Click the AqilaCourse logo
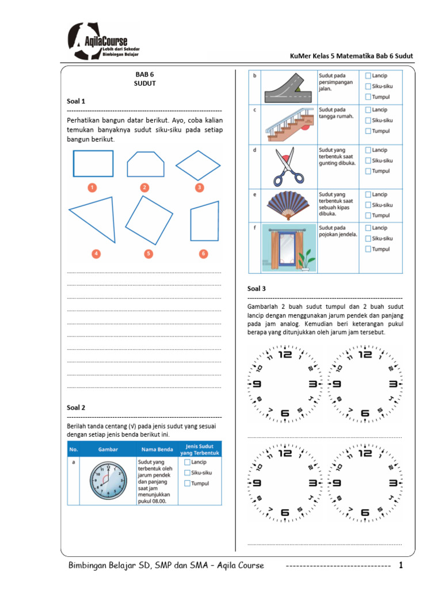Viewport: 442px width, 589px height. [x=104, y=41]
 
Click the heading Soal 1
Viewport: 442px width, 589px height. [x=76, y=101]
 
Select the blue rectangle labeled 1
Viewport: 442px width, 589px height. [x=93, y=163]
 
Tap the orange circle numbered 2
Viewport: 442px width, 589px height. [x=144, y=187]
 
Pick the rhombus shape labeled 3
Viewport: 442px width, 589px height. [x=198, y=166]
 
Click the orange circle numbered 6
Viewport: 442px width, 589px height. [x=204, y=253]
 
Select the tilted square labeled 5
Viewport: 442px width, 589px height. [x=148, y=220]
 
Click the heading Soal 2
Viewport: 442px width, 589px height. [x=76, y=407]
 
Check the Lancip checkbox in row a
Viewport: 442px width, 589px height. [x=187, y=461]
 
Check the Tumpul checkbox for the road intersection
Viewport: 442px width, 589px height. [x=368, y=97]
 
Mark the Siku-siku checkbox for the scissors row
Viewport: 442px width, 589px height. [x=368, y=160]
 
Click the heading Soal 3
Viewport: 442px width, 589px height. [x=257, y=289]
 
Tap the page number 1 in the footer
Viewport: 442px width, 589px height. [x=401, y=566]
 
